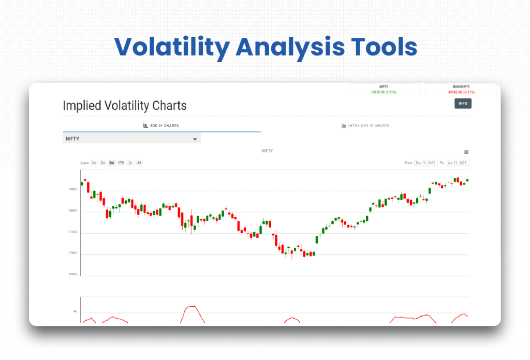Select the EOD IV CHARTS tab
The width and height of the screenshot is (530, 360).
coord(161,126)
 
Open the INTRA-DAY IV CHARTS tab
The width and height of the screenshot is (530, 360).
coord(365,126)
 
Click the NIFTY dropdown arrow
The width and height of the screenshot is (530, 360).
coord(195,139)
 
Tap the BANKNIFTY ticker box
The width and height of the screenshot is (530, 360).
coord(461,89)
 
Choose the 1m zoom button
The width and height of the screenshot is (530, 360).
coord(94,163)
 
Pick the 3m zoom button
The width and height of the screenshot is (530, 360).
coord(103,163)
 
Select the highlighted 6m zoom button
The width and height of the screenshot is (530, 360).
coord(112,163)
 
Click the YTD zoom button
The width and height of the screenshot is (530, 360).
coord(121,163)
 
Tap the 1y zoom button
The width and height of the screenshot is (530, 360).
coord(130,163)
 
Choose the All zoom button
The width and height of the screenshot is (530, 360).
coord(139,163)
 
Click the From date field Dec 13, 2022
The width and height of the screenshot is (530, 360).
coord(425,163)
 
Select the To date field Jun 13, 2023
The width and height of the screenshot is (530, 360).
coord(458,163)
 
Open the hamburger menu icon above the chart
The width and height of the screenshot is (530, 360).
coord(466,152)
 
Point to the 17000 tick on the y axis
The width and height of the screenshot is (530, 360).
coord(72,253)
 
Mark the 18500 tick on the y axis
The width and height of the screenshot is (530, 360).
coord(72,190)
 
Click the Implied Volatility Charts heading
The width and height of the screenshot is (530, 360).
coord(125,106)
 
